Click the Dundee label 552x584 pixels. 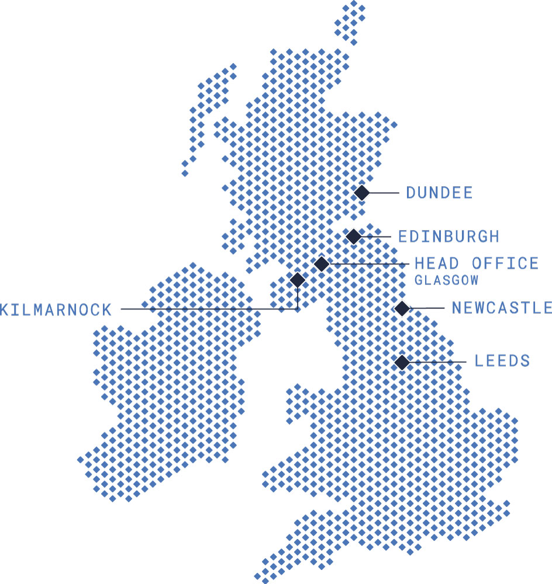(x=439, y=193)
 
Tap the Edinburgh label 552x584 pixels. (x=448, y=237)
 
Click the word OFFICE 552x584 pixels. (x=505, y=263)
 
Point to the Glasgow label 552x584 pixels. (x=446, y=280)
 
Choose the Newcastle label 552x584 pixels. (x=501, y=308)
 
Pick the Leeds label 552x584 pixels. (x=502, y=361)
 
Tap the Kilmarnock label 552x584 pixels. (x=56, y=310)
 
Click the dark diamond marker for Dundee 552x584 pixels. (x=362, y=193)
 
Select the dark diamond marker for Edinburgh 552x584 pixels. (x=353, y=237)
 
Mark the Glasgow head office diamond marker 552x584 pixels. (x=321, y=264)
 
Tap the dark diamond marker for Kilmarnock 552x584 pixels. (x=298, y=280)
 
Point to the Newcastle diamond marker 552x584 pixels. (x=402, y=308)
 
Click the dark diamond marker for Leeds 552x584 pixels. (x=402, y=362)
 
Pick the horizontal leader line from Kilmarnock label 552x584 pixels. (x=205, y=309)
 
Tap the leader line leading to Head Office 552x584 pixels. (x=368, y=264)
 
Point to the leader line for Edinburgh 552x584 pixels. (x=375, y=237)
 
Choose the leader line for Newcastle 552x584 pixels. (x=427, y=308)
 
